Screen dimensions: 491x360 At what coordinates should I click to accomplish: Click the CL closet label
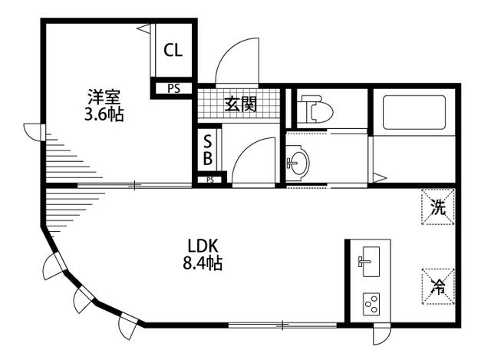click(173, 50)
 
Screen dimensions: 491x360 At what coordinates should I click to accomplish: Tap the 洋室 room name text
click(104, 97)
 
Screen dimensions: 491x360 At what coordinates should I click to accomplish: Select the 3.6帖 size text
click(104, 114)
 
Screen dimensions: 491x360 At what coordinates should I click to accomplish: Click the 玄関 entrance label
click(241, 104)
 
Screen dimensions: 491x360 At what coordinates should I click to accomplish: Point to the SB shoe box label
click(208, 150)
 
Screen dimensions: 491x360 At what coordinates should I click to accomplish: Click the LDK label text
click(203, 246)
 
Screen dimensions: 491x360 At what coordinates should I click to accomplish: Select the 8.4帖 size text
click(203, 263)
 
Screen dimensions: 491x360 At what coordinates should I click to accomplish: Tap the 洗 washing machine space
click(438, 206)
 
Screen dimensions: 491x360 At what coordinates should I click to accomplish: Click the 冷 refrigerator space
click(438, 286)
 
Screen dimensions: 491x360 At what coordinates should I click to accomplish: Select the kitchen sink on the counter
click(371, 262)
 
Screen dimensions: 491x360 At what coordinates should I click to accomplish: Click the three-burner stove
click(371, 304)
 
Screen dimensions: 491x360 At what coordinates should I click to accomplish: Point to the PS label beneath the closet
click(173, 89)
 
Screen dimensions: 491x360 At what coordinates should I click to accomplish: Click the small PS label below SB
click(210, 180)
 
